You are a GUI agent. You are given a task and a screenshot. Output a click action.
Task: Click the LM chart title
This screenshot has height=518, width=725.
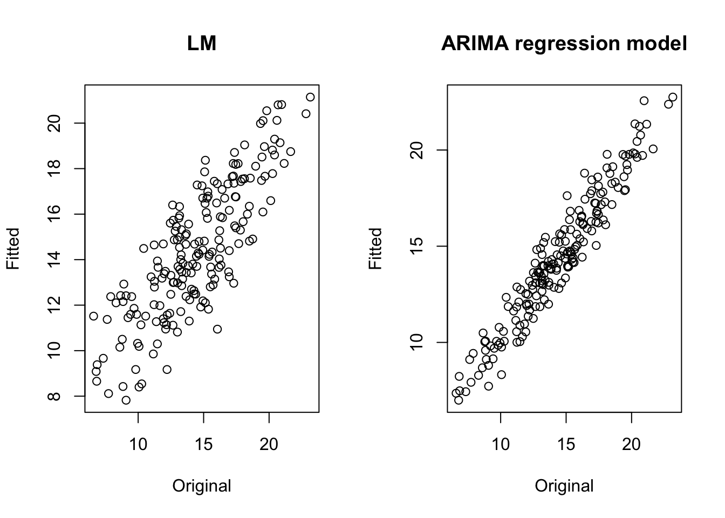[202, 43]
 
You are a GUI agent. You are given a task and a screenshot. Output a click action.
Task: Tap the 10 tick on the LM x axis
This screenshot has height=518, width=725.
[138, 445]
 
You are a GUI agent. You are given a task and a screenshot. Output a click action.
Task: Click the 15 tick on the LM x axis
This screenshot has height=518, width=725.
[203, 445]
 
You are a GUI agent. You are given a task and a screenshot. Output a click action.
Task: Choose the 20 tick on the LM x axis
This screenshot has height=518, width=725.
[269, 445]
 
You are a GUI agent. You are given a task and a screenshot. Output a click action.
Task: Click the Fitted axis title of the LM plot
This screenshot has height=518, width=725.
[13, 248]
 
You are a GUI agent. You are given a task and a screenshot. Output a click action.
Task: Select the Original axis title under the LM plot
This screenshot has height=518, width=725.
[202, 486]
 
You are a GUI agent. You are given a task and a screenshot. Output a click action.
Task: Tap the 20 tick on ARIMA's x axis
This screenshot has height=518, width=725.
[631, 445]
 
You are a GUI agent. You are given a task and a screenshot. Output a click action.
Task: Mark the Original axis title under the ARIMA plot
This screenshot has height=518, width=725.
[564, 486]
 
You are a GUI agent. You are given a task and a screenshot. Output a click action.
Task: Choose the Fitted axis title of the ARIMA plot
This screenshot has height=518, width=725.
[375, 248]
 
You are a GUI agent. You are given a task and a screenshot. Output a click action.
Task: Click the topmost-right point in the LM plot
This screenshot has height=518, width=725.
[310, 97]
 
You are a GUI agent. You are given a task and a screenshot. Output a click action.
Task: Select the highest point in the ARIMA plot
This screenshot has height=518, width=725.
[673, 97]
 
